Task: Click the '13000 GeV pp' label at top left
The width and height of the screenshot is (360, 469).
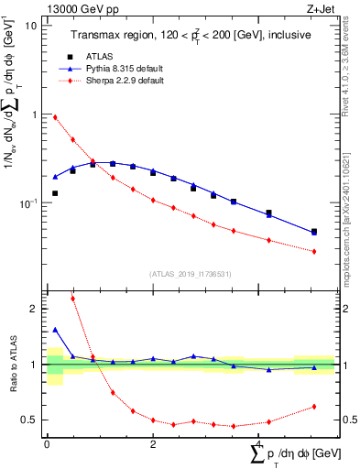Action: pos(74,7)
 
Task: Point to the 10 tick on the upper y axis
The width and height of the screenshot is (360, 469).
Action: pos(31,26)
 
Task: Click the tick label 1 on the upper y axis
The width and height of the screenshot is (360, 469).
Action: pos(34,115)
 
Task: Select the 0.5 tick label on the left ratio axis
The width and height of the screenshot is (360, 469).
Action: pos(29,420)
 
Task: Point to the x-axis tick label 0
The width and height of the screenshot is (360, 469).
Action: pos(47,444)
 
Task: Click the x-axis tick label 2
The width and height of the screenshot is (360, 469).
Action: pos(153,444)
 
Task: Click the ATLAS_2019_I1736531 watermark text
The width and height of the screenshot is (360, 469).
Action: pos(191,274)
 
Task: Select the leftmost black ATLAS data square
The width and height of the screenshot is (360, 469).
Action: pos(55,193)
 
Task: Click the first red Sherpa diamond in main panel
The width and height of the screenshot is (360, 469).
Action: pos(55,117)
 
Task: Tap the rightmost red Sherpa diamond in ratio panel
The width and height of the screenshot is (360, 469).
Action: pos(314,407)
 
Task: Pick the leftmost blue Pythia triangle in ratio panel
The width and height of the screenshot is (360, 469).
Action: pos(55,330)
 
